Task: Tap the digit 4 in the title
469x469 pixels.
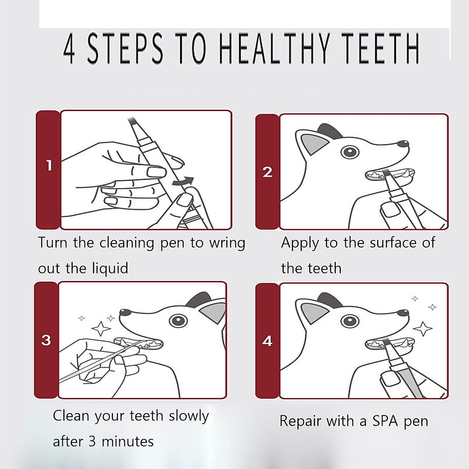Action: tap(69, 49)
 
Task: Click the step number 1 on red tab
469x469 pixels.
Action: tap(49, 165)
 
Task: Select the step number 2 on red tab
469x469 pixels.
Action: tap(267, 172)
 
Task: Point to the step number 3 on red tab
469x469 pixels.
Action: tap(46, 340)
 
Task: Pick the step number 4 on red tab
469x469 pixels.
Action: tap(267, 341)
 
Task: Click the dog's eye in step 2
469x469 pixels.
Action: tap(349, 151)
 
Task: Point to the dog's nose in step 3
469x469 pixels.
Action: tap(125, 312)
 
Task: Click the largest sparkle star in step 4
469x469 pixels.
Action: tap(422, 329)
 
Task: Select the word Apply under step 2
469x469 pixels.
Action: tap(300, 243)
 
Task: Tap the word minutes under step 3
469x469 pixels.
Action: tap(127, 442)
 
